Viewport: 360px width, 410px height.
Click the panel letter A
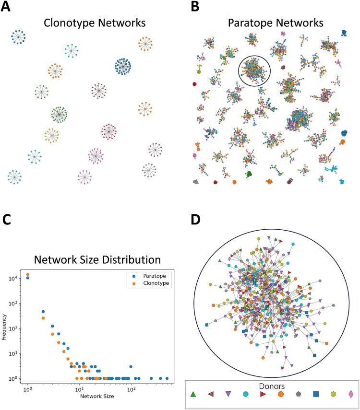tap(5, 6)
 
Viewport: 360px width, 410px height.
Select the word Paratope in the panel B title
tap(246, 23)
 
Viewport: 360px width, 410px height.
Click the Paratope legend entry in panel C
tap(151, 276)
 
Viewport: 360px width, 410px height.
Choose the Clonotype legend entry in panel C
tap(153, 283)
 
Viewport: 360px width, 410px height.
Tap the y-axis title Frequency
tap(4, 327)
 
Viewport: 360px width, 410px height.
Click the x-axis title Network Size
tap(97, 396)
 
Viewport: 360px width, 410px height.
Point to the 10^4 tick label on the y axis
tap(13, 278)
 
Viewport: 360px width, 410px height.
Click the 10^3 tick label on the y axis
tap(13, 304)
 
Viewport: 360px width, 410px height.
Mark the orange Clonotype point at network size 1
tap(28, 275)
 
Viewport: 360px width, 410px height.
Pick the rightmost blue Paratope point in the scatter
tap(167, 378)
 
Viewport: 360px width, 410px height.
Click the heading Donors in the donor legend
tap(272, 386)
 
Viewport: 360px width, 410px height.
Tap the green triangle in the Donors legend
tap(193, 394)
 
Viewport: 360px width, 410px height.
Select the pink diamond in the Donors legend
tap(351, 394)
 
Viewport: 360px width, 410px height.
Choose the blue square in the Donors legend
tap(316, 394)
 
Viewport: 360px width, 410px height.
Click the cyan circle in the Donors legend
tap(246, 394)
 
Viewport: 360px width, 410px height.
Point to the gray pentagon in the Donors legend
tap(298, 394)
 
